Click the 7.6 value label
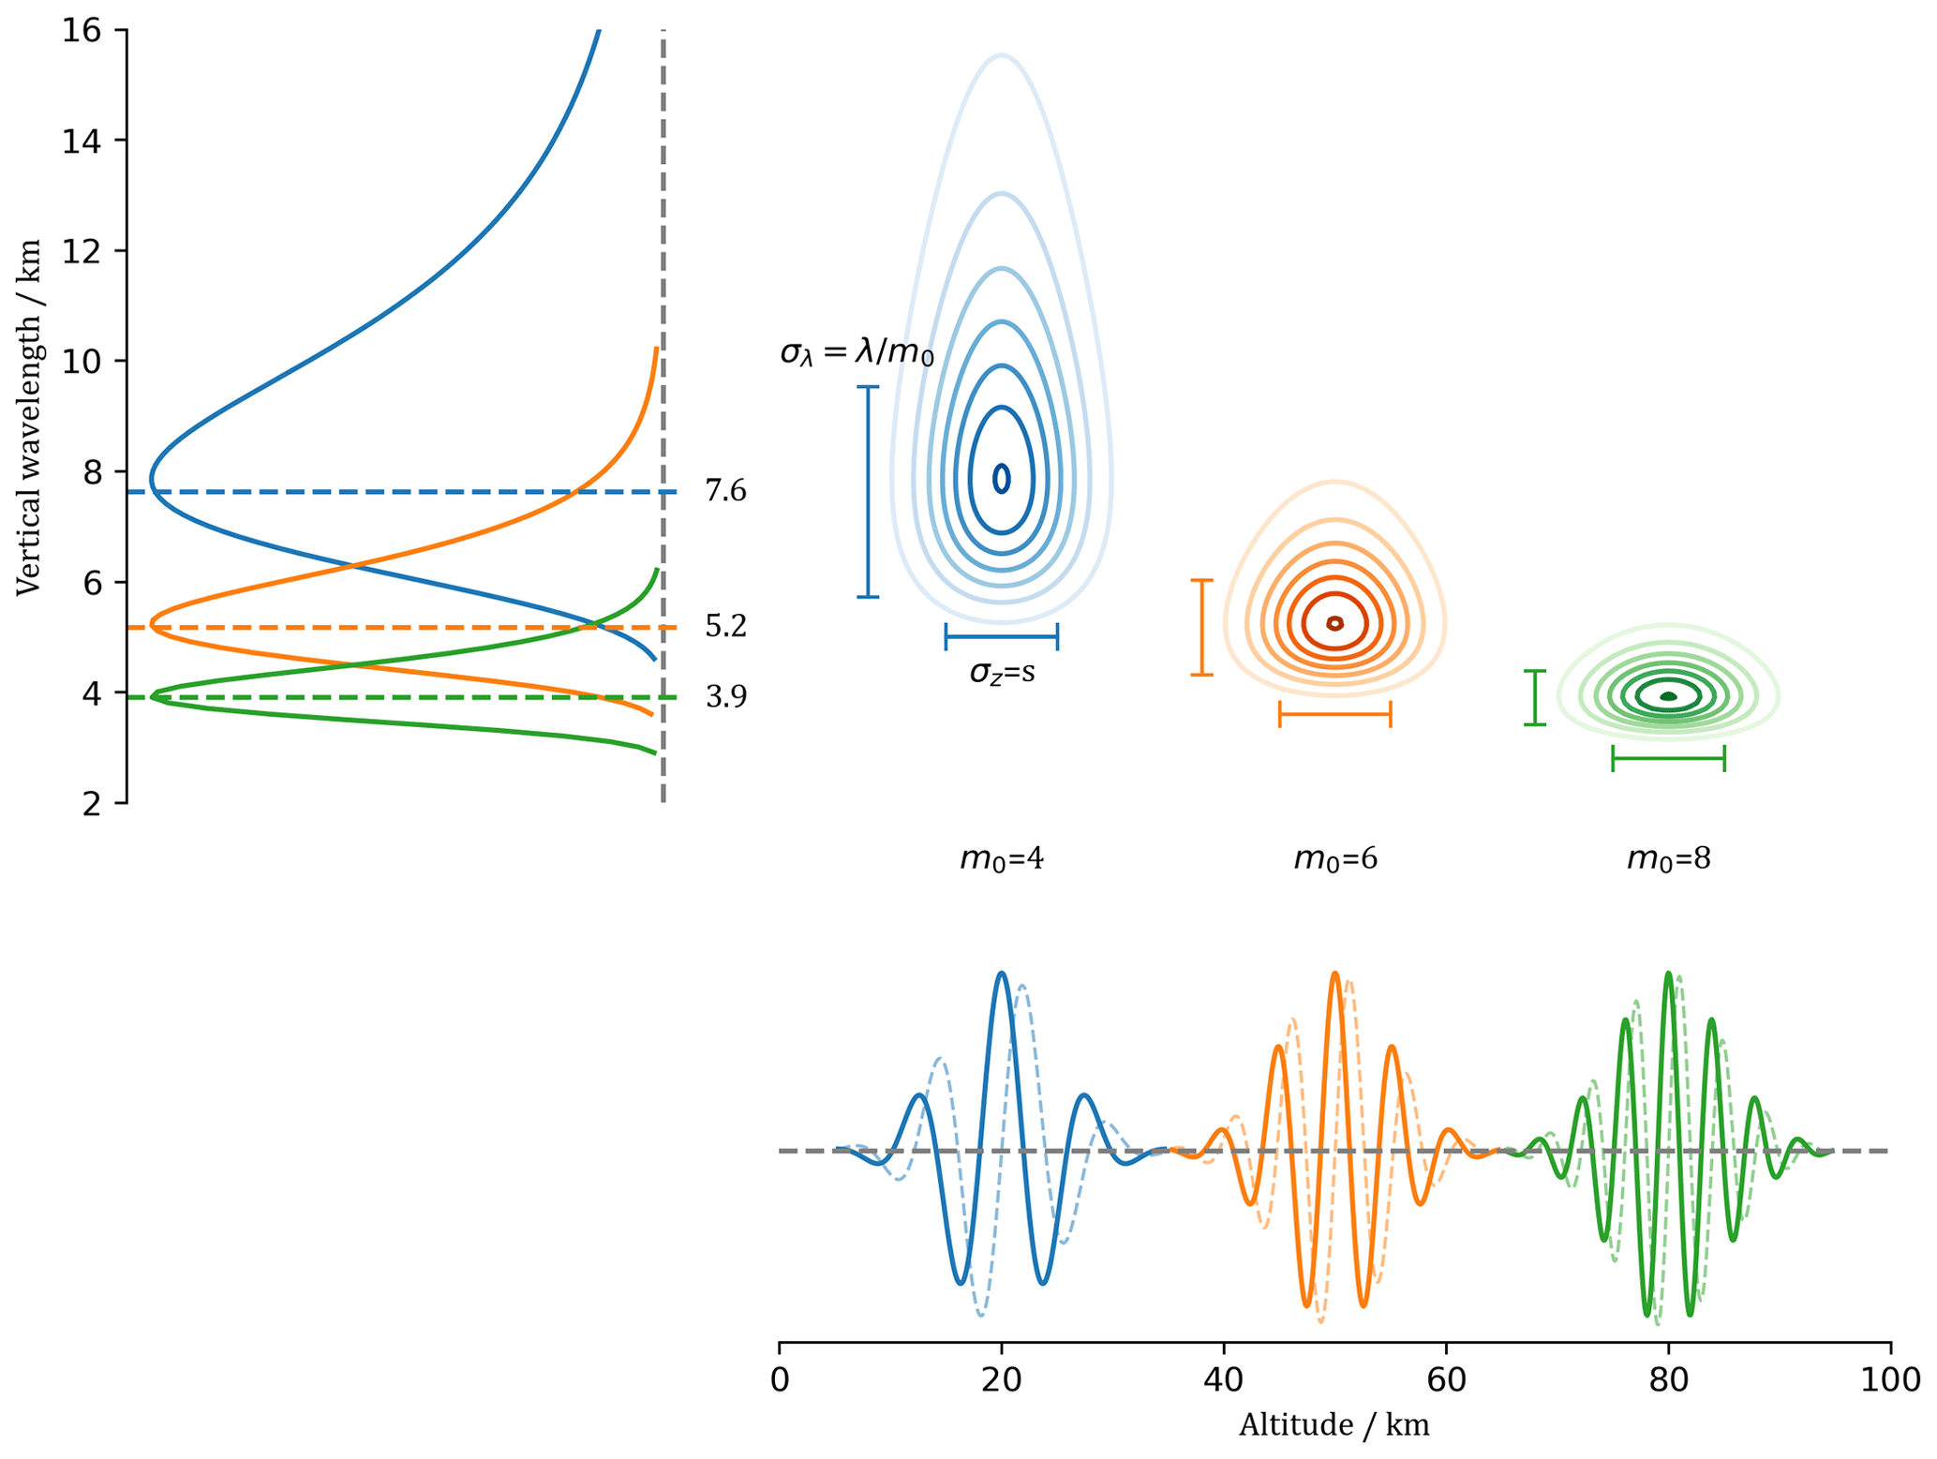click(725, 490)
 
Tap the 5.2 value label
click(725, 626)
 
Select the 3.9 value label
click(725, 696)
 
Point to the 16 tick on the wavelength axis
click(82, 30)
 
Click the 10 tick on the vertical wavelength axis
click(82, 361)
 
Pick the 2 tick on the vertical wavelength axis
click(92, 803)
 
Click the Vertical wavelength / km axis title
click(29, 417)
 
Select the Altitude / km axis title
click(1334, 1425)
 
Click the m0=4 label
click(1002, 858)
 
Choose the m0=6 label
click(1335, 858)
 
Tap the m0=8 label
click(1668, 858)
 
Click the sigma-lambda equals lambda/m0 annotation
click(857, 353)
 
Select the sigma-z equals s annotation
click(1002, 672)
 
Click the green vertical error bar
click(1534, 697)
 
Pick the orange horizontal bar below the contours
click(1335, 714)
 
